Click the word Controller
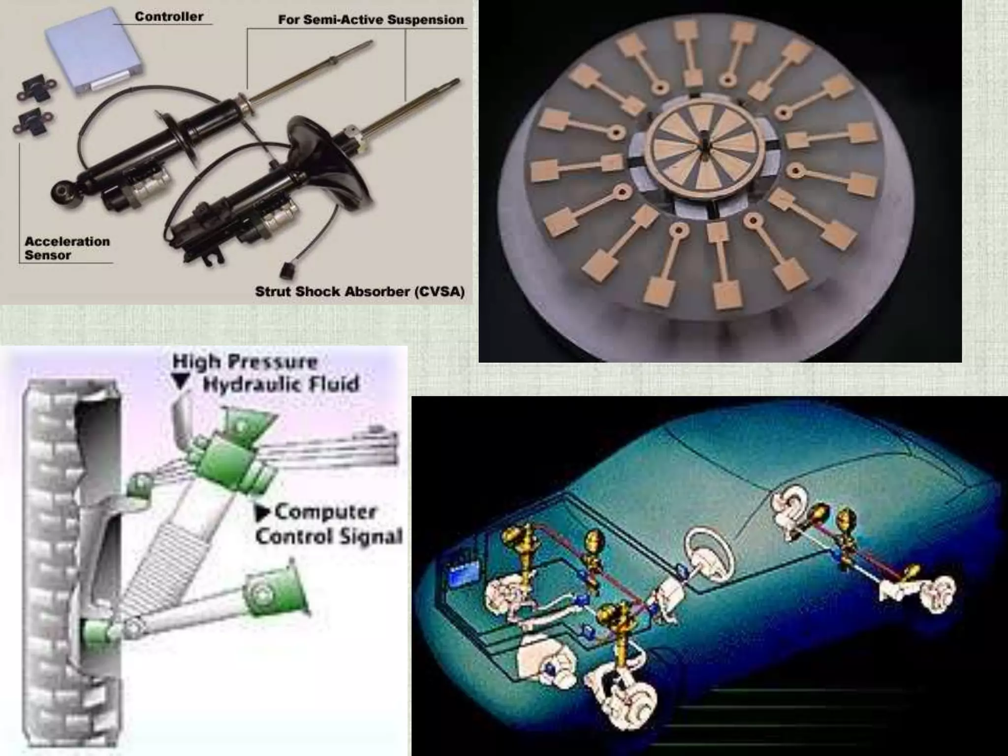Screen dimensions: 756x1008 (x=169, y=17)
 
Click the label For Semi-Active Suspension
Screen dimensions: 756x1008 (x=371, y=20)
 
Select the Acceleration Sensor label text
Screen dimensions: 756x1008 (x=67, y=248)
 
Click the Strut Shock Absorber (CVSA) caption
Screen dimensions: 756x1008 (x=359, y=291)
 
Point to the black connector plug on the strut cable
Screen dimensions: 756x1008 (x=286, y=270)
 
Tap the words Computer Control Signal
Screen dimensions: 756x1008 (x=329, y=524)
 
